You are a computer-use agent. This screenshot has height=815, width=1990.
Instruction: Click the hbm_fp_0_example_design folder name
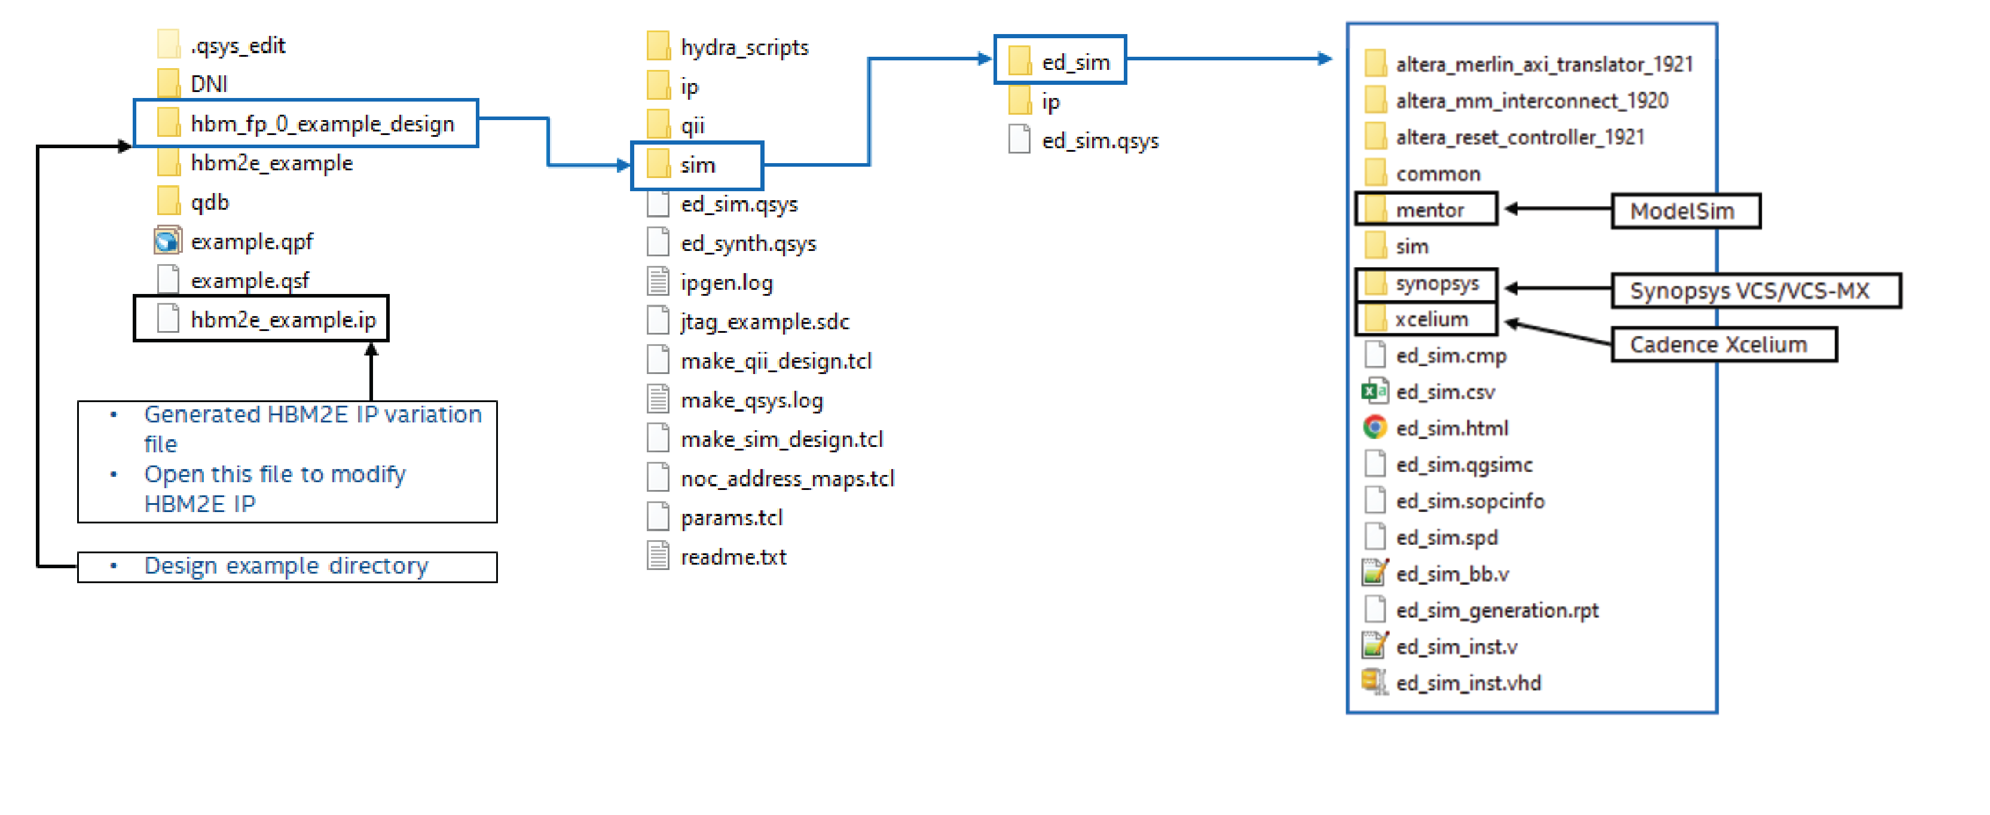click(322, 124)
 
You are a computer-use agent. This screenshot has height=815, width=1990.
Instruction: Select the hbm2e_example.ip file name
click(283, 319)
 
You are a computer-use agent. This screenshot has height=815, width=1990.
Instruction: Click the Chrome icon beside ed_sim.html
click(1374, 427)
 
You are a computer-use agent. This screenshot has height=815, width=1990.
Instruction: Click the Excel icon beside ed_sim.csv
click(1374, 391)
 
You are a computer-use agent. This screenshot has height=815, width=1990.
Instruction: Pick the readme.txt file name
click(733, 557)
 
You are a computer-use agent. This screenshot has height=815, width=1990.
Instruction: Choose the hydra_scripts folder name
click(744, 48)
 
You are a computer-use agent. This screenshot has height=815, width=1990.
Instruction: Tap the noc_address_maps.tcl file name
click(787, 479)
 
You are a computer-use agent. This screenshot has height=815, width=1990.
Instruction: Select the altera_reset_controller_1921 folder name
click(1520, 137)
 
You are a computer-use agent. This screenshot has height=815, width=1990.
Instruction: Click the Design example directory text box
click(286, 566)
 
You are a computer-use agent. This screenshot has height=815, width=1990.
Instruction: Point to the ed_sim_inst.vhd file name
click(1468, 683)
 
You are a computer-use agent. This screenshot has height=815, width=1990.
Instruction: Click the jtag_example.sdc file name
click(765, 321)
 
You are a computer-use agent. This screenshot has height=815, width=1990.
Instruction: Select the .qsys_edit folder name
click(238, 45)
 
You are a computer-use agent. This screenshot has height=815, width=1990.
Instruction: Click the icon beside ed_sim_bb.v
click(1374, 573)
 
